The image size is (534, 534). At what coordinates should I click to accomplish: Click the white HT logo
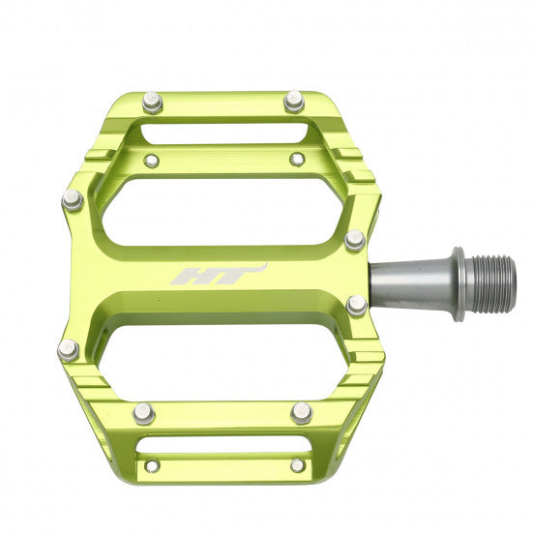pos(218,275)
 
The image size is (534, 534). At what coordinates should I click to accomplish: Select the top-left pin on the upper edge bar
pos(151,102)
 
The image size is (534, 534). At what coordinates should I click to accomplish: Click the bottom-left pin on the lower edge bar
pos(144,413)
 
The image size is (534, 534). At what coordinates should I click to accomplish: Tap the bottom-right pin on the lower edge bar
pos(301,413)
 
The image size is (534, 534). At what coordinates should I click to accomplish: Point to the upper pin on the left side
pos(73,199)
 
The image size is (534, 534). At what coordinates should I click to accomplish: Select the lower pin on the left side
pos(69,350)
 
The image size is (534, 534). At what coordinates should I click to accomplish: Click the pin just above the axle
pos(355,239)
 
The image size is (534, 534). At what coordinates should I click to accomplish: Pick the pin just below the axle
pos(357,306)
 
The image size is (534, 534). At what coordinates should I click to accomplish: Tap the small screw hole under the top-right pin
pos(297,158)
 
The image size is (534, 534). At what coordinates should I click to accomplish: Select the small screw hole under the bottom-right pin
pos(297,465)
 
